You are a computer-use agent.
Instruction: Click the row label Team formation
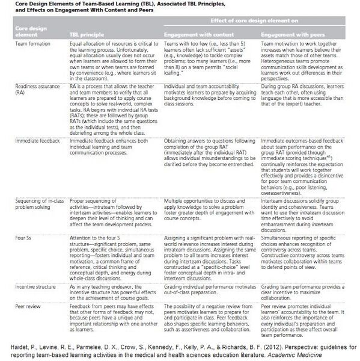[x=28, y=45]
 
